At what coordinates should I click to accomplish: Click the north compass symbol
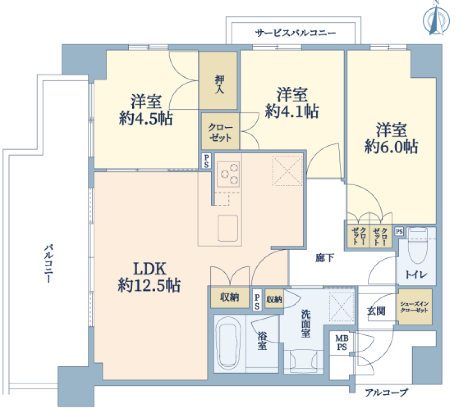(x=436, y=21)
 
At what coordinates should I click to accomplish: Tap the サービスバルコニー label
(x=295, y=33)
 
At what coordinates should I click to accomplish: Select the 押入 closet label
(x=219, y=84)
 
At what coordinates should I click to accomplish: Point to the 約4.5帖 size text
(x=146, y=118)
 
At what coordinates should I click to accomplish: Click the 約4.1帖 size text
(x=292, y=112)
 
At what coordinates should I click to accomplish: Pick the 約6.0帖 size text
(x=391, y=146)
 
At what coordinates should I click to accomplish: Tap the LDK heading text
(x=149, y=269)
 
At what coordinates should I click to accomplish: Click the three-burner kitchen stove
(x=228, y=174)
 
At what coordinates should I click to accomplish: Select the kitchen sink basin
(x=228, y=228)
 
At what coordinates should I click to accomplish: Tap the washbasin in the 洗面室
(x=303, y=361)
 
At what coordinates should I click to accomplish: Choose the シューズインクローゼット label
(x=414, y=307)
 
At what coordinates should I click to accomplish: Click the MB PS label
(x=342, y=343)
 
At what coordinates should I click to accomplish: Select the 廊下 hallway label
(x=324, y=258)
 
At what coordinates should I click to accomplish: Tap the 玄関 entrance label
(x=376, y=311)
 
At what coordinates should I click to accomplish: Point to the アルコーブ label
(x=386, y=392)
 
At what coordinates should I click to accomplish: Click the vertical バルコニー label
(x=49, y=264)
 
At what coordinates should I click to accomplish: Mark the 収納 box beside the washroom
(x=274, y=299)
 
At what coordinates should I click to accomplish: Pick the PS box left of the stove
(x=206, y=161)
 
